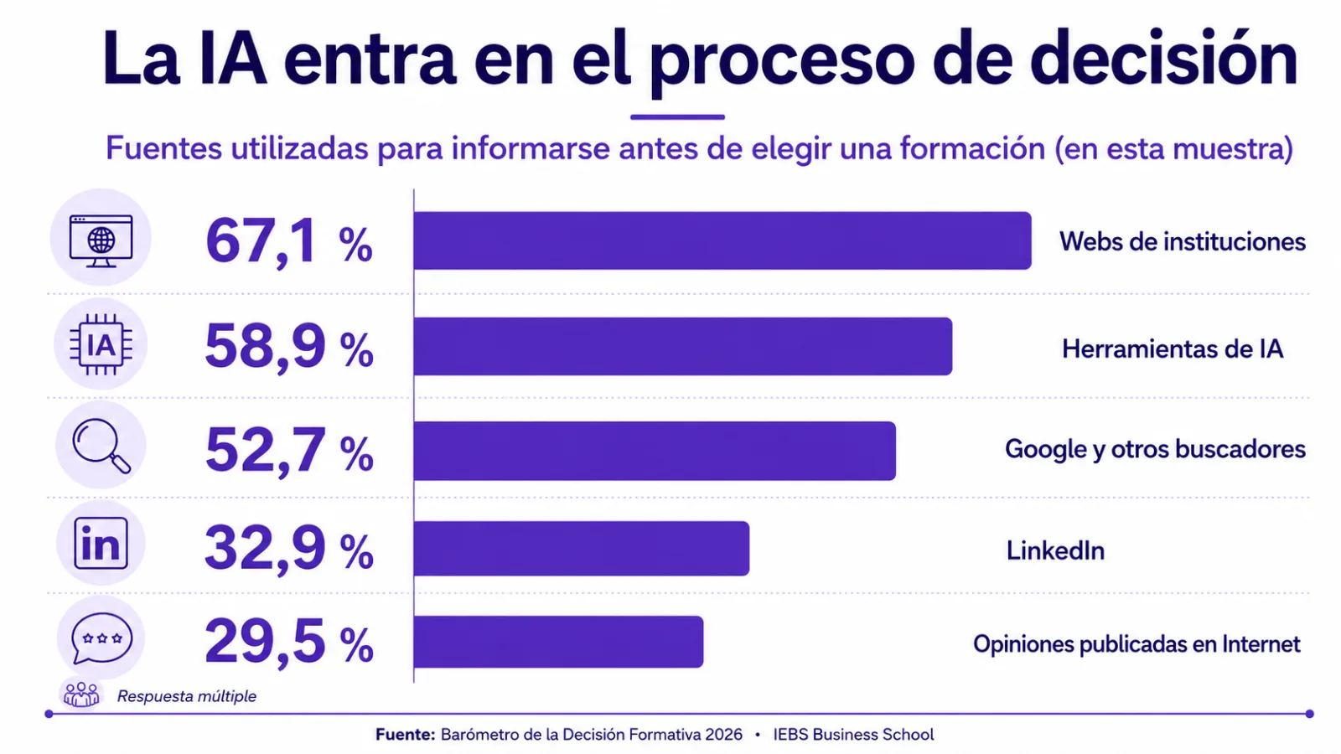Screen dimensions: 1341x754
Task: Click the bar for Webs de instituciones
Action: [x=722, y=240]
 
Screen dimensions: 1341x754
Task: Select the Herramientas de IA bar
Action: [x=683, y=347]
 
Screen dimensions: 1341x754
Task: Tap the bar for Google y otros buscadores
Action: [x=655, y=451]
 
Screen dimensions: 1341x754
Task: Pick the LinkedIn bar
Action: [x=582, y=548]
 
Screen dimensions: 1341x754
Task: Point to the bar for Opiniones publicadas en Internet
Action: [x=558, y=642]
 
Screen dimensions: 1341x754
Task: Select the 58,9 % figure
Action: [x=289, y=347]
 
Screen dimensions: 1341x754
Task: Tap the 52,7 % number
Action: [x=289, y=451]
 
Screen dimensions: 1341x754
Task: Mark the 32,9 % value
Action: [x=289, y=548]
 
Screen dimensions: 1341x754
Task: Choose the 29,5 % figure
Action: [x=289, y=642]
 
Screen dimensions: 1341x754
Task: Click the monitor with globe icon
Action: [x=101, y=240]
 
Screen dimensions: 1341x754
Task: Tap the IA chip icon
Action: [x=101, y=344]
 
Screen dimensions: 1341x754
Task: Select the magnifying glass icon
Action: [x=101, y=446]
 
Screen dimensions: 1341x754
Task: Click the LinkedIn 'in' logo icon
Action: [x=101, y=544]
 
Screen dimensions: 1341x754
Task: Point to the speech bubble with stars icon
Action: [x=101, y=638]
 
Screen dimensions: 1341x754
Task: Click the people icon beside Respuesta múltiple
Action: [x=81, y=695]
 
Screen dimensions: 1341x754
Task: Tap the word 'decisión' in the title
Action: [x=1163, y=59]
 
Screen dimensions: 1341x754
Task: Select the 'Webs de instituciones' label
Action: [x=1183, y=242]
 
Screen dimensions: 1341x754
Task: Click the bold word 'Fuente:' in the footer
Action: [x=406, y=734]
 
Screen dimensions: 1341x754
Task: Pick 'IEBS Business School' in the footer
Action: [x=853, y=734]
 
